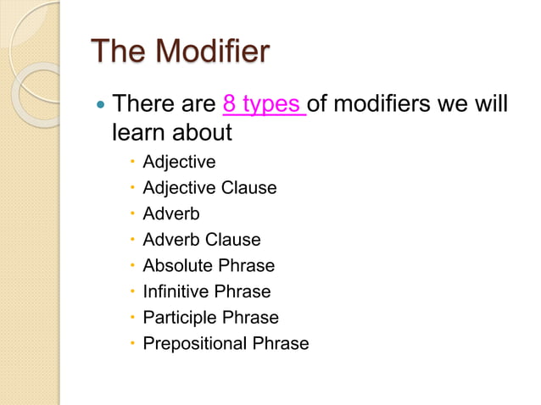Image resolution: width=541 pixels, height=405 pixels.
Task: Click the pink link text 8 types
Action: tap(263, 106)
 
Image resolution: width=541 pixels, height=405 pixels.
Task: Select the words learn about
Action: tap(172, 133)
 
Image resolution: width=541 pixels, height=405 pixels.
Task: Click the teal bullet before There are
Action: tap(101, 107)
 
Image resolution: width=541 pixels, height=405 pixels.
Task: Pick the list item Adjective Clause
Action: tap(209, 187)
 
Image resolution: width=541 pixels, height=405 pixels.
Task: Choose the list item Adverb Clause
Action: tap(202, 240)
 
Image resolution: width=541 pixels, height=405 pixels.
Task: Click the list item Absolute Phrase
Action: tap(209, 266)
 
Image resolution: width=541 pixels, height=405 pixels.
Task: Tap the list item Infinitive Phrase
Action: tap(207, 291)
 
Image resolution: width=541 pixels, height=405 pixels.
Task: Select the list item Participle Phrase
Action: tap(210, 318)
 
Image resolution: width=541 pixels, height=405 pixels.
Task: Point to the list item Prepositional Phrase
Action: tap(226, 343)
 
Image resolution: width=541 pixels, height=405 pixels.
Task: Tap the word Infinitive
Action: tap(175, 291)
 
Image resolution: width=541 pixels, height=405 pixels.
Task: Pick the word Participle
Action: tap(180, 318)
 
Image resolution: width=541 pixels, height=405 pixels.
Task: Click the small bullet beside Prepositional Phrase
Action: tap(133, 344)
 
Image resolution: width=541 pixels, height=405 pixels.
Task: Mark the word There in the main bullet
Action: tap(137, 106)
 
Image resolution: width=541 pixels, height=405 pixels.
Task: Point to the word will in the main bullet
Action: tap(492, 106)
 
